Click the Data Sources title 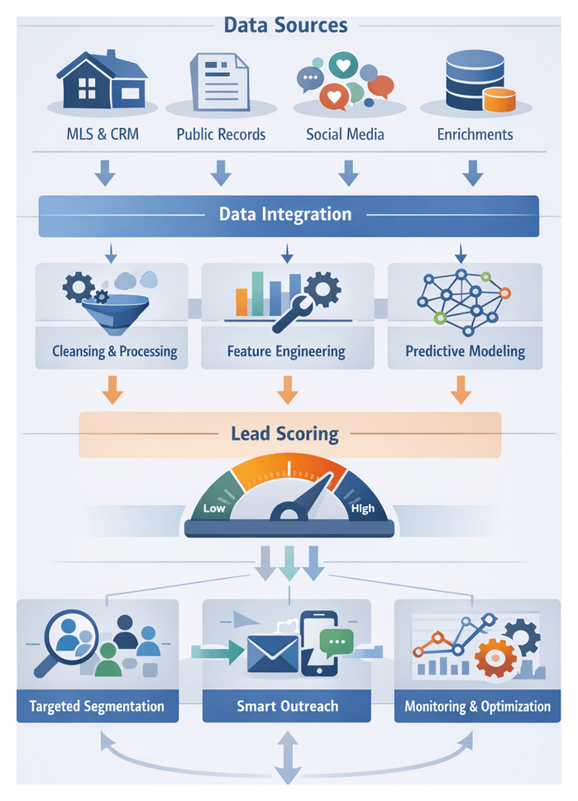(x=285, y=25)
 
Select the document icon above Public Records (x=220, y=81)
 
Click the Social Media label (x=345, y=134)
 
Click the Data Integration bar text (x=285, y=215)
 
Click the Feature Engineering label (x=286, y=351)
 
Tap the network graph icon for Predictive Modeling (x=464, y=299)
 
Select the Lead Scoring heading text (x=285, y=433)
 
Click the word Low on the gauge (x=214, y=508)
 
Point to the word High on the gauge (x=362, y=508)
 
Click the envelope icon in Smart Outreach (x=272, y=656)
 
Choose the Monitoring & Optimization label (x=477, y=707)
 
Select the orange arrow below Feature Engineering (x=287, y=389)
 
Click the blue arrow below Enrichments (x=472, y=173)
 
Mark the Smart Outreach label (x=287, y=707)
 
